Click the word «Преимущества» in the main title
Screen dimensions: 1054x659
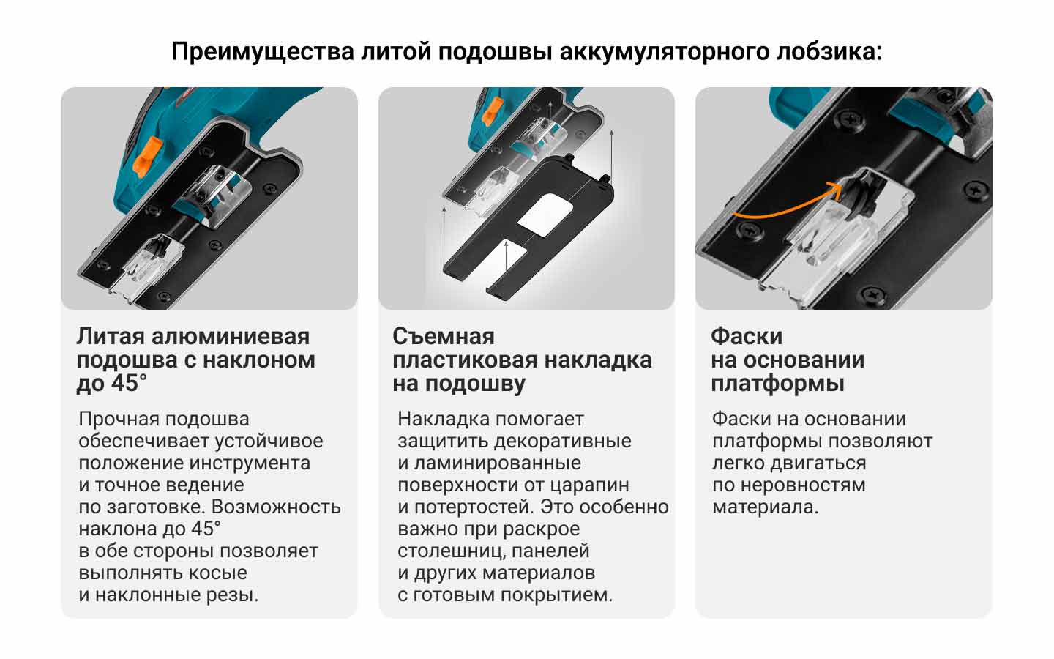point(263,52)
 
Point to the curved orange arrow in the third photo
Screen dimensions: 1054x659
point(788,204)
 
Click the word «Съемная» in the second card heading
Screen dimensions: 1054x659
point(444,336)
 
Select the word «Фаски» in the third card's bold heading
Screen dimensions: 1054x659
point(747,336)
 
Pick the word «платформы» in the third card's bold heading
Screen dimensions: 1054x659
point(777,384)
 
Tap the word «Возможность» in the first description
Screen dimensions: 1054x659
point(276,507)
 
